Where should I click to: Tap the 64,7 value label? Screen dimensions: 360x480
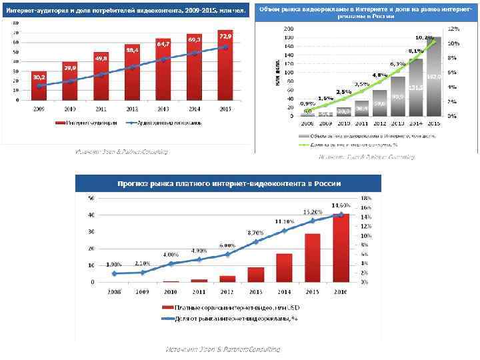[x=163, y=43]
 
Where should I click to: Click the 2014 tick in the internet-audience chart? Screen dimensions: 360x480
[x=194, y=107]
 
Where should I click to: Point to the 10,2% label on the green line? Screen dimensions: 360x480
[x=424, y=37]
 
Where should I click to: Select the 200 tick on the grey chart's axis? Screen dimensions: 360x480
[x=289, y=29]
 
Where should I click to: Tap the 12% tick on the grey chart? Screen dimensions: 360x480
[x=453, y=29]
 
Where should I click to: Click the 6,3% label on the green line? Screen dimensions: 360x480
[x=397, y=63]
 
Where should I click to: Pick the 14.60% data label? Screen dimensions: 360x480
[x=341, y=204]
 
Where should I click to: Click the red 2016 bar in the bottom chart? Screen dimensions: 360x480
[x=341, y=248]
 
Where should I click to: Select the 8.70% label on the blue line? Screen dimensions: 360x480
[x=255, y=232]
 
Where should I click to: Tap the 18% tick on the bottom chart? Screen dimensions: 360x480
[x=365, y=198]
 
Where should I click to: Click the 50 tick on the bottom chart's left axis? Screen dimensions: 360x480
[x=91, y=198]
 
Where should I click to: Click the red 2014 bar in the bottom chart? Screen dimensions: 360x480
[x=284, y=268]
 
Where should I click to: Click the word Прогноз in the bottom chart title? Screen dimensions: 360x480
[x=136, y=183]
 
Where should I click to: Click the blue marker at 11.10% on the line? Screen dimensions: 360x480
[x=284, y=231]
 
